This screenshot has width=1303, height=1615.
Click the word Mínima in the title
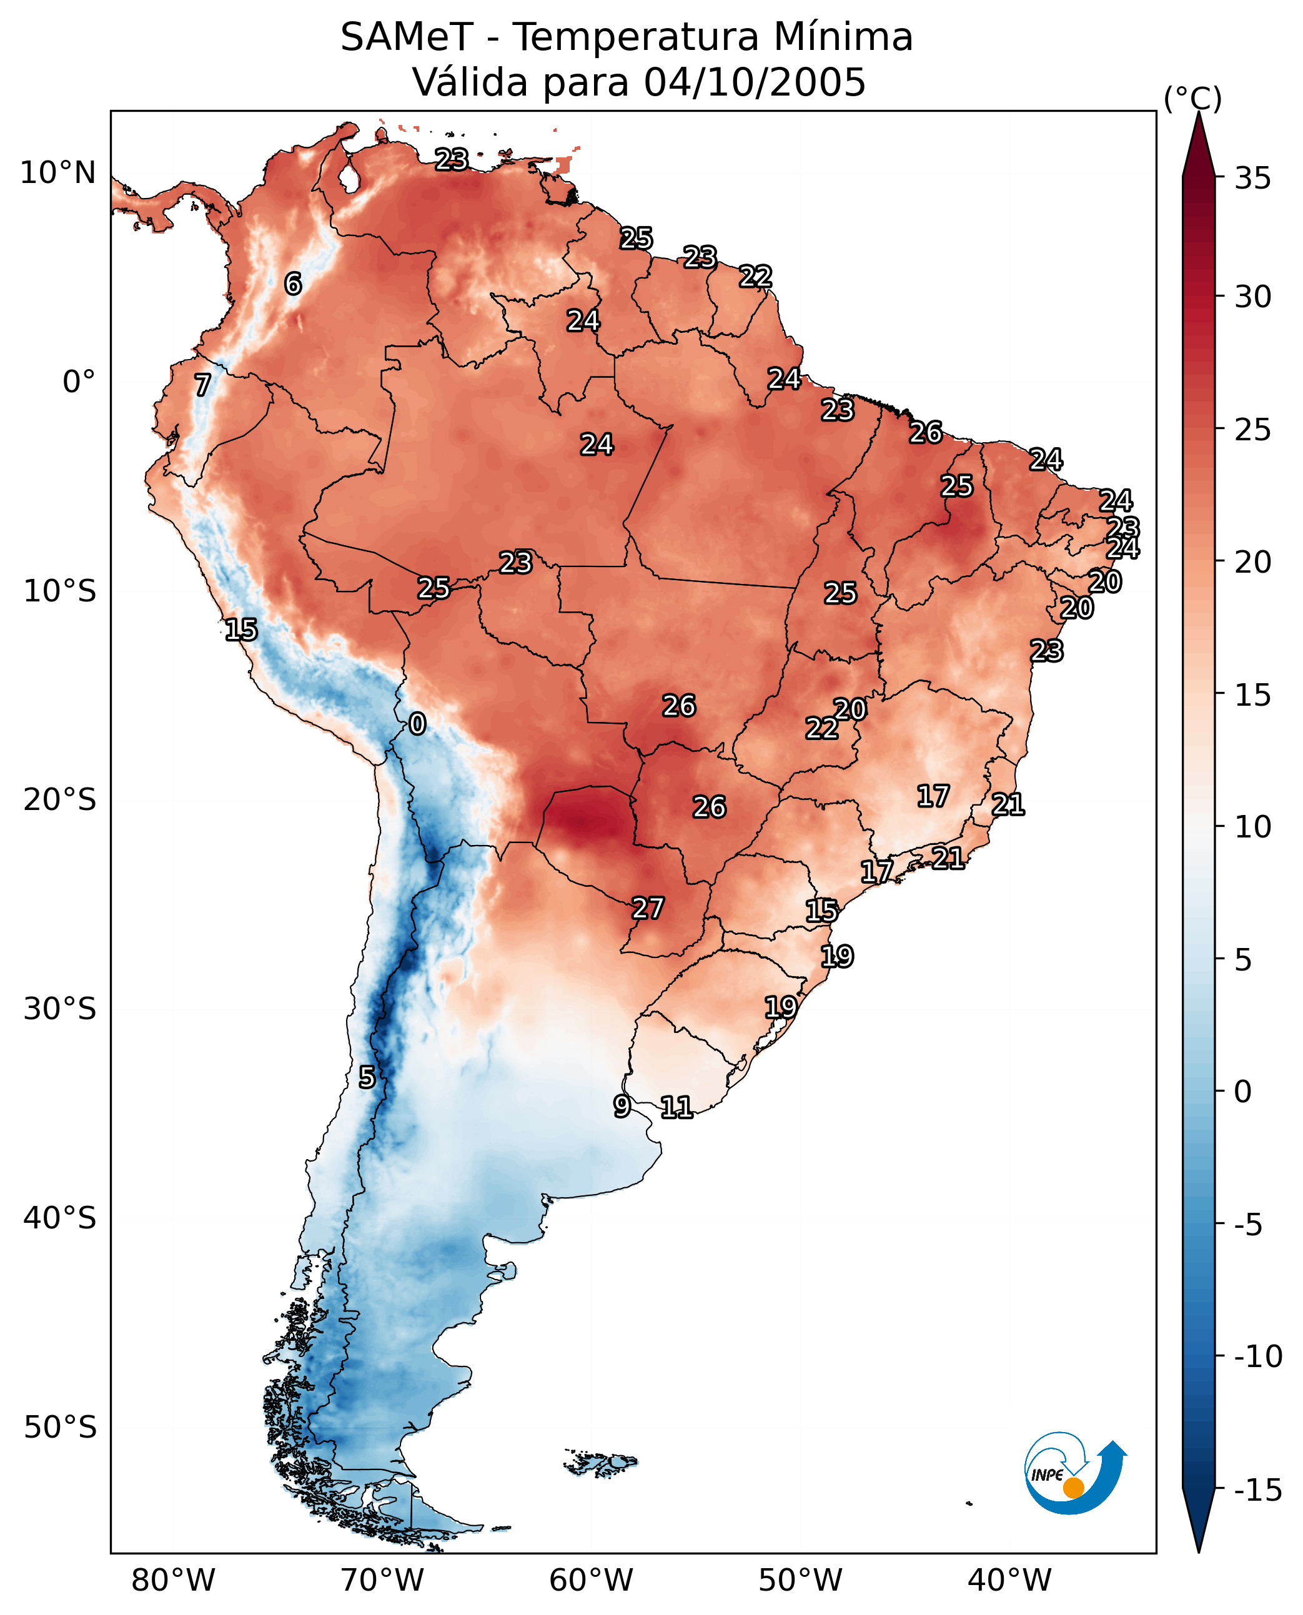[843, 37]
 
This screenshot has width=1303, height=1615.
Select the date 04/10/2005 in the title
[755, 82]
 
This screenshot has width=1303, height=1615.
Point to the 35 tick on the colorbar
[1252, 178]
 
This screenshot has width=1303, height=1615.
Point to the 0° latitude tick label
[79, 382]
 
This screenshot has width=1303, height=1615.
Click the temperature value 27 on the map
[648, 908]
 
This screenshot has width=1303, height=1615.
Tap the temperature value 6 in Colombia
[294, 284]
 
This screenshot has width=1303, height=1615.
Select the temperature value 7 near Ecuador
[202, 385]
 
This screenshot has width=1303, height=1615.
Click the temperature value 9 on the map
[622, 1106]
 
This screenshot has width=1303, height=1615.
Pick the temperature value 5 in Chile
[366, 1077]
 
